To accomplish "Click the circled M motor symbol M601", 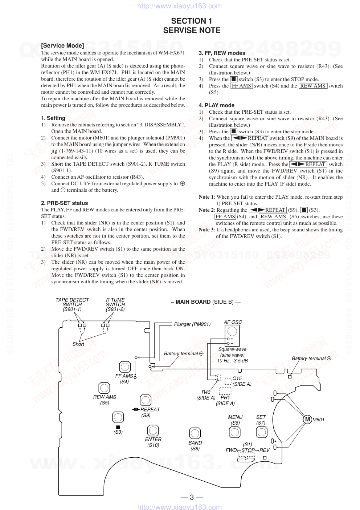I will click(307, 420).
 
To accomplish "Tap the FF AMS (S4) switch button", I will click(125, 367).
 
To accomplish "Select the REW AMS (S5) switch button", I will click(104, 388).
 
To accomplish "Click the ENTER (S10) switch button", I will click(153, 430).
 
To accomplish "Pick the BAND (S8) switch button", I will click(195, 433).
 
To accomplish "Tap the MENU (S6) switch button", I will click(235, 432).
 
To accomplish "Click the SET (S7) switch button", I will click(262, 432).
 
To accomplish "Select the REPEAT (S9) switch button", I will click(146, 400).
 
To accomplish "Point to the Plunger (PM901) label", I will click(192, 324).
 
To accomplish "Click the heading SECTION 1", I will click(192, 21).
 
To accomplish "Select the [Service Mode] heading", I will click(62, 45).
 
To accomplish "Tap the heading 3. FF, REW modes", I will click(222, 53).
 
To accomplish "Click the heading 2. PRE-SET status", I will click(64, 203).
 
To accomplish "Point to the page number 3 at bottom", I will click(192, 497).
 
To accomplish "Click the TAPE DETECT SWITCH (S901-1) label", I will click(72, 304).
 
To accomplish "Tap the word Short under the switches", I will click(78, 344).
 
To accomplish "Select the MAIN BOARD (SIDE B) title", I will click(205, 302).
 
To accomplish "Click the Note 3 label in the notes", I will click(206, 230).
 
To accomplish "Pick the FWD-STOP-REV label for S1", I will click(247, 450).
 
